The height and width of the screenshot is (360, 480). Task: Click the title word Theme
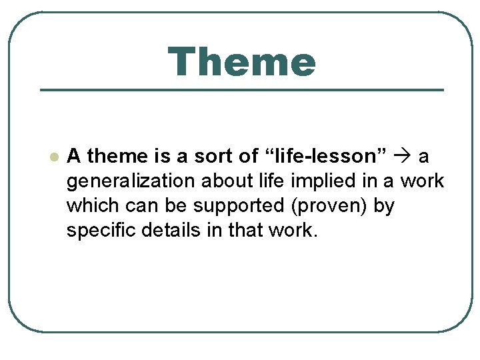coord(241,62)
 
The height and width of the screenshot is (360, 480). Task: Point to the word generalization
coord(124,181)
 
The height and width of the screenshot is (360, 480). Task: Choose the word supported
coord(215,206)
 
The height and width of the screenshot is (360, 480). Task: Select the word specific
coord(99,231)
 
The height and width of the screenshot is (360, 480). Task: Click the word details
coord(164,231)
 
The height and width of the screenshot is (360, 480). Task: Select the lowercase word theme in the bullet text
coord(117,156)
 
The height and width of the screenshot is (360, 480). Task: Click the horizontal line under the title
coord(241,89)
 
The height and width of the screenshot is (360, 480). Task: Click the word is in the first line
coord(161,156)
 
